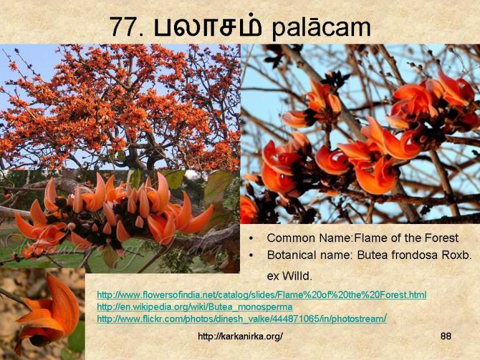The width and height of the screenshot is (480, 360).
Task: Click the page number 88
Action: [x=446, y=336]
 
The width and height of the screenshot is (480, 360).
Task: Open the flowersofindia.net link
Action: [x=261, y=294]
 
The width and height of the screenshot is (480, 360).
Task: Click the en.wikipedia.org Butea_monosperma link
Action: [x=194, y=307]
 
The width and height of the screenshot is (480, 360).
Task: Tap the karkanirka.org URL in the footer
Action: [x=240, y=336]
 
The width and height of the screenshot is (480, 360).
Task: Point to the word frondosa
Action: [x=417, y=255]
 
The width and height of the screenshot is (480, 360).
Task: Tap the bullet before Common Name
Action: [x=251, y=239]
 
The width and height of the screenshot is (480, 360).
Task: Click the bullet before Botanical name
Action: [x=251, y=256]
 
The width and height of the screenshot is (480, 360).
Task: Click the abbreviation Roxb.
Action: [x=458, y=255]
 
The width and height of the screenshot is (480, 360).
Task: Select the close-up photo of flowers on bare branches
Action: [x=360, y=134]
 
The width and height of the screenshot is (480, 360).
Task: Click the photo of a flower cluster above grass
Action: [x=118, y=218]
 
